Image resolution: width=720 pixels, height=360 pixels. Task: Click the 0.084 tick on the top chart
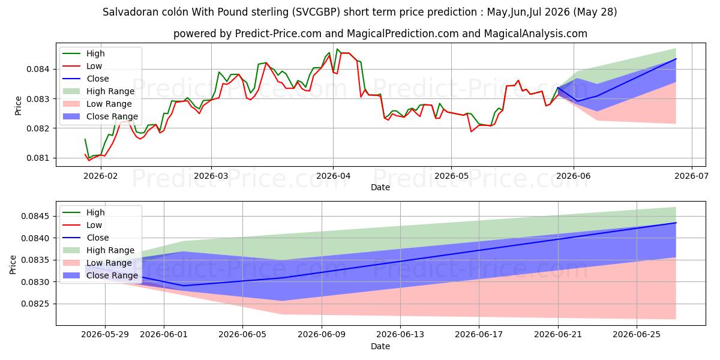coord(37,69)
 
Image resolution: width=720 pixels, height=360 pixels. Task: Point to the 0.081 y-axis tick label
coord(37,158)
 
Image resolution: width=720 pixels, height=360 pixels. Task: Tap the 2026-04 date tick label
coord(333,176)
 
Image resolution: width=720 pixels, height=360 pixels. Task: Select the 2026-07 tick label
coord(691,176)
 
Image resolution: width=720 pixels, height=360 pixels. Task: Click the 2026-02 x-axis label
coord(101,176)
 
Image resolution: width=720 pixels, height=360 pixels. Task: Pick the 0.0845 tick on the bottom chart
coord(35,216)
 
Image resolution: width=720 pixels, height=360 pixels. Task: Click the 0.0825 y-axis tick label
coord(35,304)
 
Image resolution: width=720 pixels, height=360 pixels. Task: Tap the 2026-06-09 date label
coord(322,334)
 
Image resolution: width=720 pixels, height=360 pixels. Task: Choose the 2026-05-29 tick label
coord(105,334)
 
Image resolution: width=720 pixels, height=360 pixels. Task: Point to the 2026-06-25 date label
coord(637,334)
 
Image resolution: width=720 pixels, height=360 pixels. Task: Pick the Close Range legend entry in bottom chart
coord(100,275)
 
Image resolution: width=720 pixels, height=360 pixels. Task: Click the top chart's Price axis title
coord(19,106)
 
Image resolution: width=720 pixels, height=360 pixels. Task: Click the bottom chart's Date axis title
coord(380,346)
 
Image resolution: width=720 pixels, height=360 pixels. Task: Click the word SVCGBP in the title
coord(316,12)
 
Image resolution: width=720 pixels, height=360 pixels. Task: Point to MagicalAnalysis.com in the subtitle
coord(535,34)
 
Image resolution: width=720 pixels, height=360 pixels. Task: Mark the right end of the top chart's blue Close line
coord(676,59)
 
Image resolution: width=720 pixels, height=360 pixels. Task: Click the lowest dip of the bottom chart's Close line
coord(184,286)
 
